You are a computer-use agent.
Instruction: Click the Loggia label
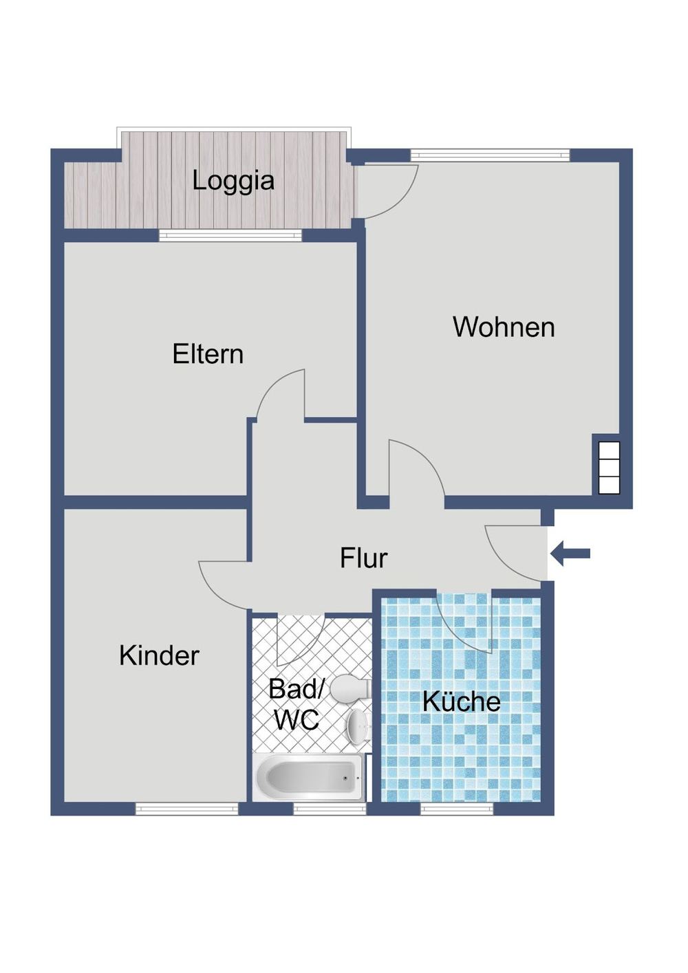[x=233, y=181]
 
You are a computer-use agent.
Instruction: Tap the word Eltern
[x=208, y=354]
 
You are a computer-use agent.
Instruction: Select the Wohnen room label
[x=504, y=327]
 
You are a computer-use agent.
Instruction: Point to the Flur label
[x=363, y=558]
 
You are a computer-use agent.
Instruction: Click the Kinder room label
[x=159, y=655]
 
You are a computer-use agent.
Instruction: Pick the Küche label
[x=462, y=701]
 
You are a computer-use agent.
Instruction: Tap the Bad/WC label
[x=296, y=704]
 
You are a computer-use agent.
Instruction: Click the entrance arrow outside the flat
[x=571, y=554]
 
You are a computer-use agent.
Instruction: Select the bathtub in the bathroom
[x=309, y=778]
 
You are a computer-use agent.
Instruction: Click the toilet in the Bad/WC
[x=351, y=688]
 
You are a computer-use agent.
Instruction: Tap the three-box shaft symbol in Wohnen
[x=609, y=468]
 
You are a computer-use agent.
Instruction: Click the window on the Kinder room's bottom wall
[x=186, y=809]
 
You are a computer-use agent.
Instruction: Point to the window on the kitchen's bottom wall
[x=457, y=809]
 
